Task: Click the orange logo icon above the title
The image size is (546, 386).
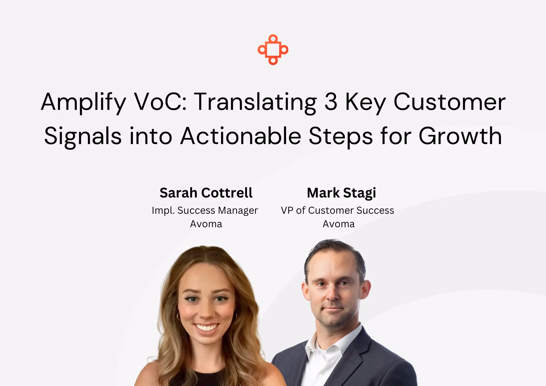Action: tap(273, 50)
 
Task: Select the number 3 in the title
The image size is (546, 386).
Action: tap(331, 102)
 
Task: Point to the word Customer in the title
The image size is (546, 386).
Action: tap(450, 102)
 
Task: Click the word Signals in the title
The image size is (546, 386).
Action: tap(83, 137)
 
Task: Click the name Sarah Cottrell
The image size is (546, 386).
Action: tap(206, 193)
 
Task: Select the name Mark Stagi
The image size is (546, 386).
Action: tap(341, 193)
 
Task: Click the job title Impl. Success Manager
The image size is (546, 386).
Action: tap(205, 210)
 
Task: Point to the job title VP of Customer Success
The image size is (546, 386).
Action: tap(337, 210)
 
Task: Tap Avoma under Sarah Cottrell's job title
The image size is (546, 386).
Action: tap(206, 224)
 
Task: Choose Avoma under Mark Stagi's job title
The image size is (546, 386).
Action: tap(339, 224)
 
